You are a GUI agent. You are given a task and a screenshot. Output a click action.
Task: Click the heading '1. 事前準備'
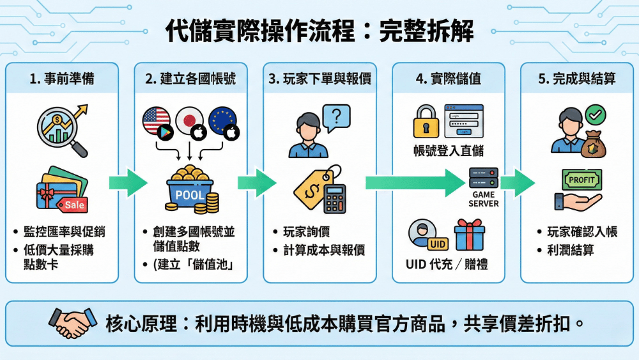point(61,79)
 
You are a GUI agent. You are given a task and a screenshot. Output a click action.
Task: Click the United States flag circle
point(157,120)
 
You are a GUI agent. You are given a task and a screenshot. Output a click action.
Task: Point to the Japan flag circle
point(189,120)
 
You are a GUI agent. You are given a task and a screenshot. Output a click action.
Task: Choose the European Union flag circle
point(222,120)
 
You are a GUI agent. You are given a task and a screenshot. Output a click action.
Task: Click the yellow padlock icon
point(426,121)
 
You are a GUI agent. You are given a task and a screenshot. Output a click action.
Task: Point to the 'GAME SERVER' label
point(483,199)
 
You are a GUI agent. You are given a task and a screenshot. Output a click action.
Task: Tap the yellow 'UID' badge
point(438,244)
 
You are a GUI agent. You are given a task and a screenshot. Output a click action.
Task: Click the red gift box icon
point(470,235)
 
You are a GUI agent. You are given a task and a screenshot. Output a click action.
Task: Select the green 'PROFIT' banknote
point(582,180)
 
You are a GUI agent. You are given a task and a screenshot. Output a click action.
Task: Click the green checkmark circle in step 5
point(596,114)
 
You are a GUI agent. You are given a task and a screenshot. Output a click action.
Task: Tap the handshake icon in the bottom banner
point(70,322)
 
